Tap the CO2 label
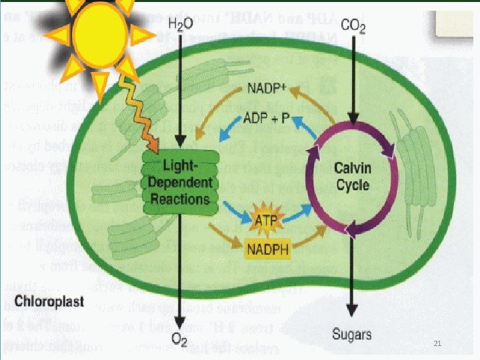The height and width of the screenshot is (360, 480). pos(352,26)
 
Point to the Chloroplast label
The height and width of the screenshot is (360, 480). pos(50,301)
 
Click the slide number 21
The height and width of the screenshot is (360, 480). pos(437,344)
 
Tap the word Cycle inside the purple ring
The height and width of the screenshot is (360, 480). pos(352,185)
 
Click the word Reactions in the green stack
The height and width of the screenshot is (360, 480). pos(180,199)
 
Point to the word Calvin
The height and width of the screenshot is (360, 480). pos(352,167)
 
